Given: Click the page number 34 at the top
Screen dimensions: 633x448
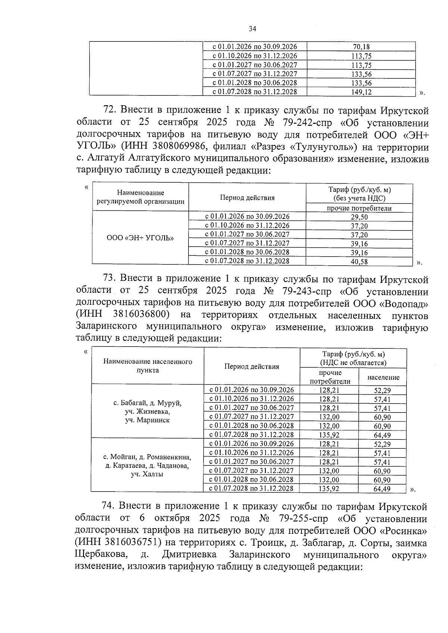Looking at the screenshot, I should pos(252,29).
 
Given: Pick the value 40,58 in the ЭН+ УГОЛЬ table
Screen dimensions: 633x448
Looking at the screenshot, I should pos(359,261).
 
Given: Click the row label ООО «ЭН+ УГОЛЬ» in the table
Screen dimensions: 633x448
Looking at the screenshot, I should pos(140,238).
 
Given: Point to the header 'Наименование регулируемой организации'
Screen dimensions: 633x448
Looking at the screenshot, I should pos(140,197).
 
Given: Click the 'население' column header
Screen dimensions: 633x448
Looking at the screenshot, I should pos(383,377).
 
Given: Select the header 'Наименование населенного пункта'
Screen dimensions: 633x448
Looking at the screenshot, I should pos(147,366).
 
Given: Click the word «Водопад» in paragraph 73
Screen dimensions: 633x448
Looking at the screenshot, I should pos(404,303).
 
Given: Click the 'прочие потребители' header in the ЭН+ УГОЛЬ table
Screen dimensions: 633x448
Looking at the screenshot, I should pos(359,208).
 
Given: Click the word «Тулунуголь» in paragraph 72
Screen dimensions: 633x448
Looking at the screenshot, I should pos(321,147).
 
